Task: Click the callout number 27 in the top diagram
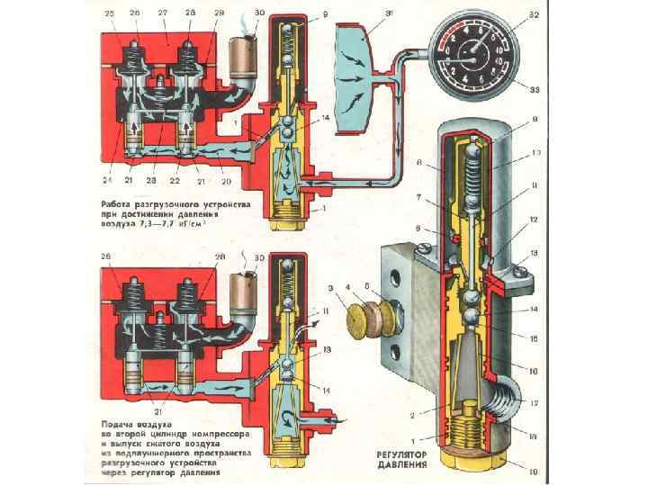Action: click(163, 13)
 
